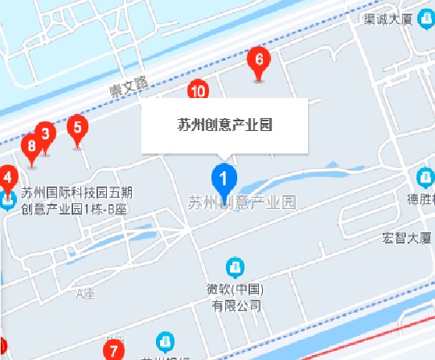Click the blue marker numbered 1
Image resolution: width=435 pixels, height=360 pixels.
[224, 178]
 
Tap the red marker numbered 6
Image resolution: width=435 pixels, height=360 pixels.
[258, 60]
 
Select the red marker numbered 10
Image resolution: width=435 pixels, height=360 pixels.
[197, 90]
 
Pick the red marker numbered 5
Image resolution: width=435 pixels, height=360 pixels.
[77, 127]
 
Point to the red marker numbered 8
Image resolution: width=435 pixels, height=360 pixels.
[31, 147]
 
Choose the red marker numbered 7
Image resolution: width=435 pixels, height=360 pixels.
[113, 350]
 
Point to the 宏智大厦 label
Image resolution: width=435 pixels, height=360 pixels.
[408, 238]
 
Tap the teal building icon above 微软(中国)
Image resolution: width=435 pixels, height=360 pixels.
[236, 266]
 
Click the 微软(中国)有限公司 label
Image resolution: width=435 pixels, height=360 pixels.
[236, 297]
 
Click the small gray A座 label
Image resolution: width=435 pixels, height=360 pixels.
[84, 294]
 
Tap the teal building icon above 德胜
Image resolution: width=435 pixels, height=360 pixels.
[425, 177]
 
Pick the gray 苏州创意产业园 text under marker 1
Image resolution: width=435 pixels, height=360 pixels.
[242, 202]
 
